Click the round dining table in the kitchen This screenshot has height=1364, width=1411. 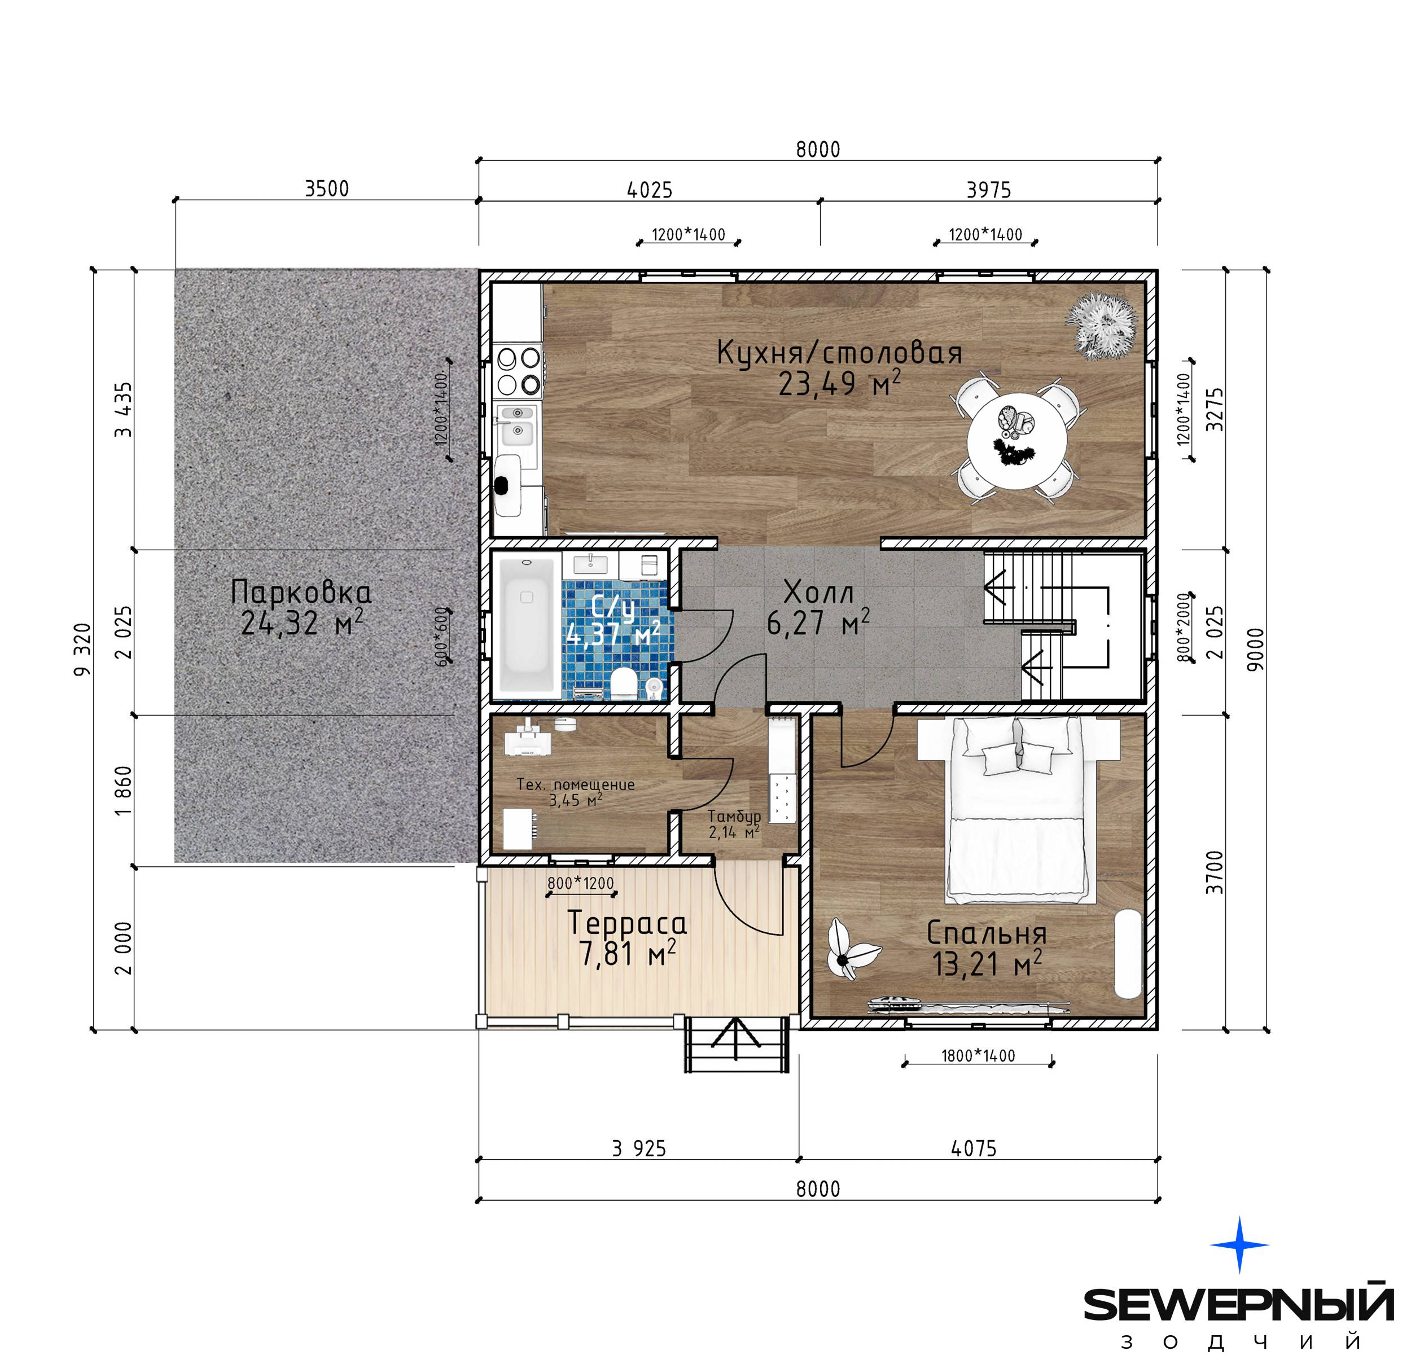pos(1017,442)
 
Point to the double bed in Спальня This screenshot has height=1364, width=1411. pos(1019,810)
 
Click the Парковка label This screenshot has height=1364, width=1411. pos(301,591)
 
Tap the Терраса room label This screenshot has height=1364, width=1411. pos(627,923)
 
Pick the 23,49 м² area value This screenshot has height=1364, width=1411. pos(839,383)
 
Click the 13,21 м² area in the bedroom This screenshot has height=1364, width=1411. pos(987,964)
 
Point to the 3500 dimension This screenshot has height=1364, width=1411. pos(327,188)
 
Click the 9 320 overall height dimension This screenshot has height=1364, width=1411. pos(84,649)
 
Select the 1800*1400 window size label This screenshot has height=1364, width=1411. pos(978,1056)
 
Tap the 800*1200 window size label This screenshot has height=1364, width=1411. pos(580,883)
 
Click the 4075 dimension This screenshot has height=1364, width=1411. pos(974,1149)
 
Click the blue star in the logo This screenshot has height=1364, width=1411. pos(1239,1244)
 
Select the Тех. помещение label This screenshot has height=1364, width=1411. pos(576,784)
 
